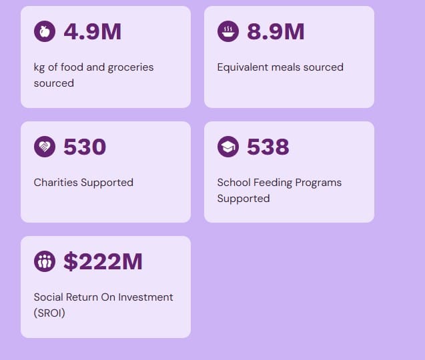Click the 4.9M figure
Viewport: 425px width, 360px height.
click(92, 31)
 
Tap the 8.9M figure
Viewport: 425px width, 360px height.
click(276, 31)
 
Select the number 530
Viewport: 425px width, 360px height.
click(85, 147)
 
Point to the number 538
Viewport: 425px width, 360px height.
click(268, 147)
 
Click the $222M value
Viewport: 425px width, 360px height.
click(103, 261)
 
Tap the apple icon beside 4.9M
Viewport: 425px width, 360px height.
click(45, 31)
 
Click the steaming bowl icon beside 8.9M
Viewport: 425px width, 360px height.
click(228, 31)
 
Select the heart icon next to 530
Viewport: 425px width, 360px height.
click(45, 147)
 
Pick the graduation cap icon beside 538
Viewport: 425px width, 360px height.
click(228, 147)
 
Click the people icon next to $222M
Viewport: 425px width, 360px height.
click(45, 261)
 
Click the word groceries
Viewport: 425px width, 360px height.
click(130, 67)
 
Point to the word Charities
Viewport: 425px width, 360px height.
click(56, 183)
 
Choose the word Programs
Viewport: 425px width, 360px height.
click(320, 183)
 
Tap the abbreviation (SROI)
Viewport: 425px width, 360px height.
click(49, 313)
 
